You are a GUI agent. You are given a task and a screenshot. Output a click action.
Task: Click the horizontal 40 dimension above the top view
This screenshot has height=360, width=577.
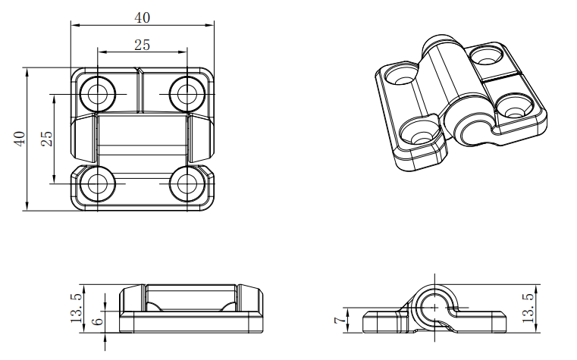click(x=142, y=17)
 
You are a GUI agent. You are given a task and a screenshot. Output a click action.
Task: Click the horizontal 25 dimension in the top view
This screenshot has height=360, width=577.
click(x=142, y=45)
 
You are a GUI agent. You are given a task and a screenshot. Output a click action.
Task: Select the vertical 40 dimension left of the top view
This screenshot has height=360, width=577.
click(x=20, y=139)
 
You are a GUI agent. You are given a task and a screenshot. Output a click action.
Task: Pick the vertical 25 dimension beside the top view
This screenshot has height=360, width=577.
click(x=47, y=139)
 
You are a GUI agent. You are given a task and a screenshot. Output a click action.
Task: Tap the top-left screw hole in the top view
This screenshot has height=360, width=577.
click(x=98, y=94)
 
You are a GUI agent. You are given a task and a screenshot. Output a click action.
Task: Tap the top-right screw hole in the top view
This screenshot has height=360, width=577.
click(x=187, y=94)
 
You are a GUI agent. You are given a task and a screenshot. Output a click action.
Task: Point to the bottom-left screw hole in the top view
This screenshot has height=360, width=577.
click(x=98, y=183)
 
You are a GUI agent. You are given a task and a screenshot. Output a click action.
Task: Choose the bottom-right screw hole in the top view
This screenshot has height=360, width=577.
click(x=187, y=183)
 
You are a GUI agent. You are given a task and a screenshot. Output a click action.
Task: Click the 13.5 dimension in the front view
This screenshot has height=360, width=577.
click(x=76, y=308)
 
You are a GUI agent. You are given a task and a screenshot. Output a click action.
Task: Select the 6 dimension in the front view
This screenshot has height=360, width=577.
click(x=97, y=321)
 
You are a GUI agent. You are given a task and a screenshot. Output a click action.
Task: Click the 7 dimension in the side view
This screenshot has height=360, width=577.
click(x=340, y=321)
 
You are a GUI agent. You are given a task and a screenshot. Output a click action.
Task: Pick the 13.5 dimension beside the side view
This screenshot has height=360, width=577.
click(x=528, y=308)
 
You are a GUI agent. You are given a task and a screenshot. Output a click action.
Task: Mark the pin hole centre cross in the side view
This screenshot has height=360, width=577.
click(x=434, y=307)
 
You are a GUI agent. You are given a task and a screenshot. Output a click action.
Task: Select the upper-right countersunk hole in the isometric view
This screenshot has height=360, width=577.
click(x=487, y=55)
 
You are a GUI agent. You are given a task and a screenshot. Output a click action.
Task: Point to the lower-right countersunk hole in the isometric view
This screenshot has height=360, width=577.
click(x=514, y=108)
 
